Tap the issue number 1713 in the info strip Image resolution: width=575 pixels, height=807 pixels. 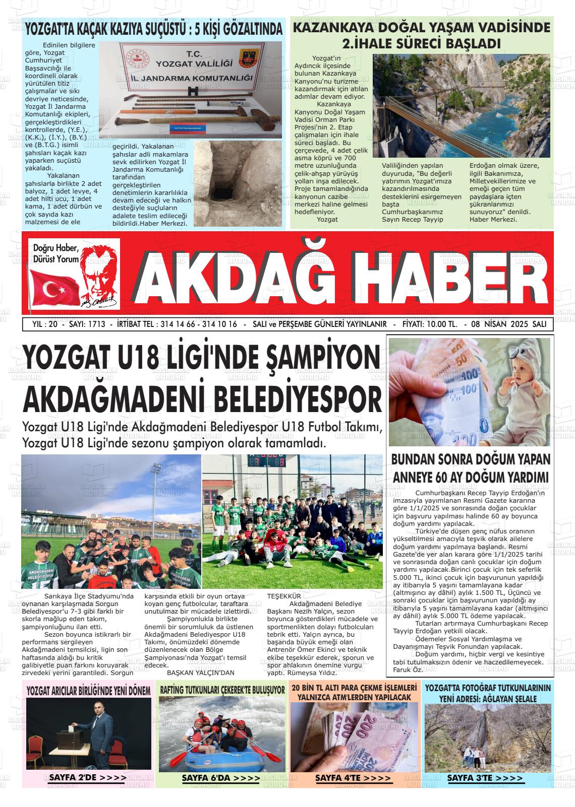pyautogui.click(x=96, y=324)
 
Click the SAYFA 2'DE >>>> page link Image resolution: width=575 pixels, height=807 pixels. pyautogui.click(x=88, y=777)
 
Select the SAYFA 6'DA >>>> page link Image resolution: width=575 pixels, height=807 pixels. pyautogui.click(x=220, y=778)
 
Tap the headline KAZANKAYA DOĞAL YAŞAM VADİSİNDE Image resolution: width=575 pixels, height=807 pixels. pyautogui.click(x=421, y=28)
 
